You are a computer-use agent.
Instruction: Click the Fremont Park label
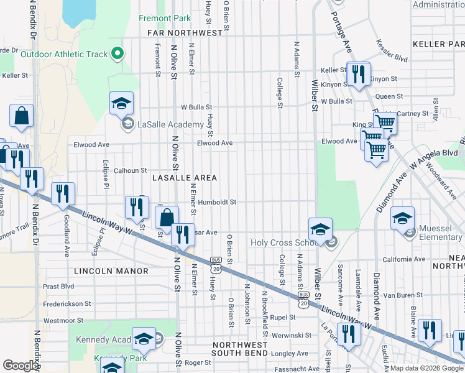tap(165, 19)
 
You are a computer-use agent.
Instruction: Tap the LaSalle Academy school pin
tap(121, 103)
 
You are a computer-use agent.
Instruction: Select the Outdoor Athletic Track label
tap(64, 54)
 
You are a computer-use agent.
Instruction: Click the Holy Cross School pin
tap(320, 228)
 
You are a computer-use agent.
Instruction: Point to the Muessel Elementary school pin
tap(403, 218)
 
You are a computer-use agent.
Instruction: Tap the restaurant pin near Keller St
tap(359, 75)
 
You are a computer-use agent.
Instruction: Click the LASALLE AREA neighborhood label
tap(185, 178)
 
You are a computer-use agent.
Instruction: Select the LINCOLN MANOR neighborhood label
tap(111, 271)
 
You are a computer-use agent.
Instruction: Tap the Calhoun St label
tap(130, 170)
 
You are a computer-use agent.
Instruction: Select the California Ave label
tap(404, 259)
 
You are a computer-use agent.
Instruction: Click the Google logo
tap(21, 366)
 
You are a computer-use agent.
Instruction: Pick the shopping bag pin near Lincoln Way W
tap(167, 218)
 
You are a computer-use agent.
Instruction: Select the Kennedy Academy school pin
tap(144, 339)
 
